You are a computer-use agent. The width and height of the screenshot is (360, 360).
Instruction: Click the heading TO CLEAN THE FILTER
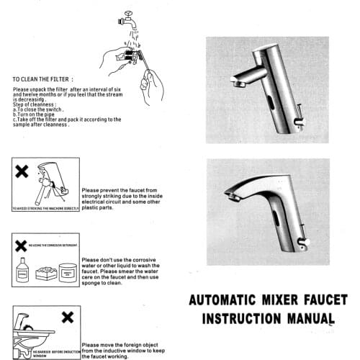point(42,79)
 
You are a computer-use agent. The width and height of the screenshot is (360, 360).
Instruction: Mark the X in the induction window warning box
point(66,317)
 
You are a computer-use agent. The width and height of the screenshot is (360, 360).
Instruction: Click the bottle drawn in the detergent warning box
point(22,273)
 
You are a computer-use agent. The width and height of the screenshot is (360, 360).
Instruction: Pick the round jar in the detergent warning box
point(68,274)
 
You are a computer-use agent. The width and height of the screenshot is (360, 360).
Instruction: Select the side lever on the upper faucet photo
point(298,119)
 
